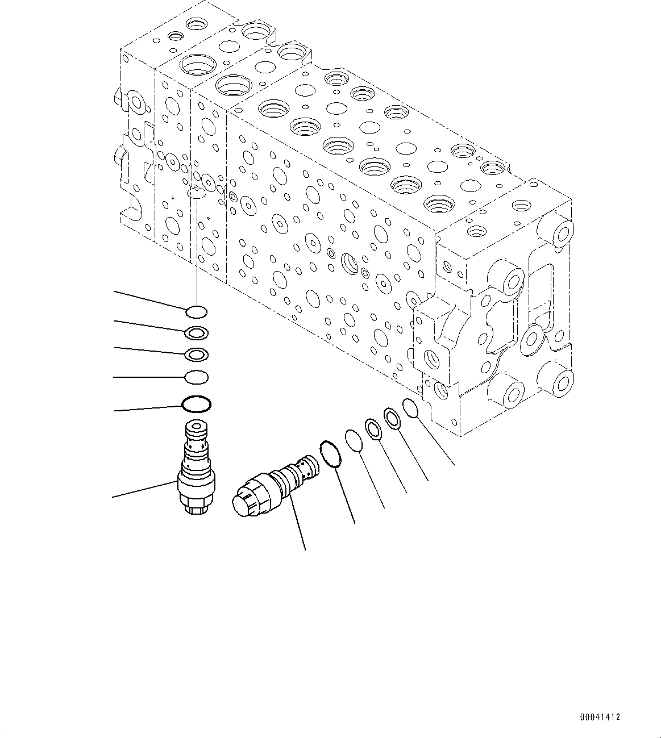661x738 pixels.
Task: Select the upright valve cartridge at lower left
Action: (195, 468)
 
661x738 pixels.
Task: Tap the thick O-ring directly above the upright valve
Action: (197, 404)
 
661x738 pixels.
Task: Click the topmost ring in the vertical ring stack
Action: (197, 311)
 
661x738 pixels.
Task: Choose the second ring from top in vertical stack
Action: (197, 332)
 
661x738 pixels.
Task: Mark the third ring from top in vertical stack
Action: (197, 355)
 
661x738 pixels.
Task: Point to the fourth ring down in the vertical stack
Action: (197, 376)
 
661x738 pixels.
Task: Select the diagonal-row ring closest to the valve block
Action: (411, 407)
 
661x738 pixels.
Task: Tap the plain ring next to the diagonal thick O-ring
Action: (354, 441)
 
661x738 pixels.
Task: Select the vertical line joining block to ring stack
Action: (196, 250)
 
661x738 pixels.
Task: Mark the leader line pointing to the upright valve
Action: (145, 490)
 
